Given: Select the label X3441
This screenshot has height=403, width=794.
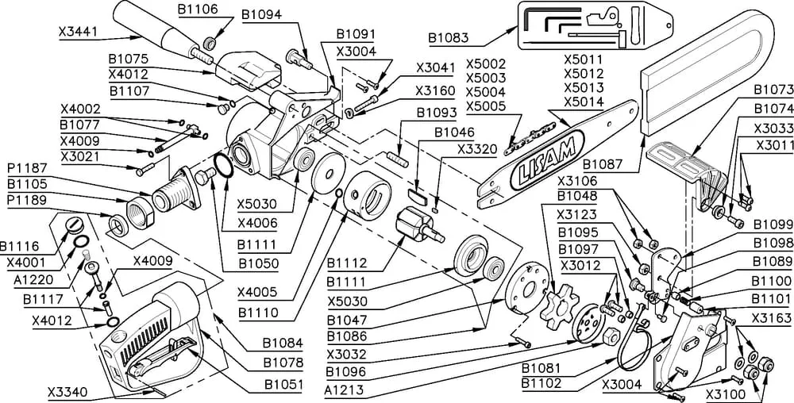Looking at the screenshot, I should pyautogui.click(x=79, y=33).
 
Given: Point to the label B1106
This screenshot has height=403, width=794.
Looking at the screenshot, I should pyautogui.click(x=198, y=9).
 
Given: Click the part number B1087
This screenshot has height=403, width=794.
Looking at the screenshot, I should pyautogui.click(x=603, y=164).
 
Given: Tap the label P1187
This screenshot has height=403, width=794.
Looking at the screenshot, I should pyautogui.click(x=27, y=168).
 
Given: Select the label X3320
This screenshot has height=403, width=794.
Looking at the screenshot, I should pyautogui.click(x=477, y=148).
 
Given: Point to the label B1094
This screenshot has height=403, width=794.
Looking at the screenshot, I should pyautogui.click(x=260, y=14).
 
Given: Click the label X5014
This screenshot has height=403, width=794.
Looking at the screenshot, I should pyautogui.click(x=584, y=102).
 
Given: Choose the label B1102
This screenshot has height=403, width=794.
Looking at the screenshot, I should pyautogui.click(x=542, y=384).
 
